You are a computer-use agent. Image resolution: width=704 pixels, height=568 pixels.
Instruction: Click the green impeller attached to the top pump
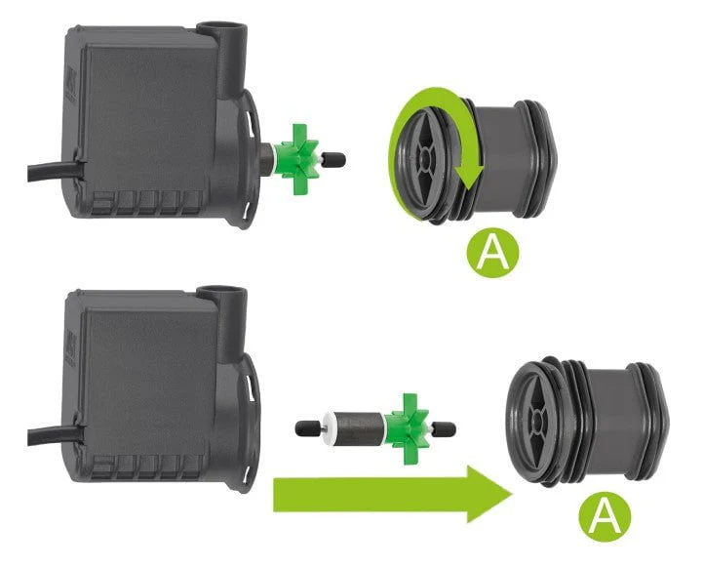pyautogui.click(x=296, y=160)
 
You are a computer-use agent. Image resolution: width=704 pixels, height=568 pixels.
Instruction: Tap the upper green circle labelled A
pyautogui.click(x=492, y=253)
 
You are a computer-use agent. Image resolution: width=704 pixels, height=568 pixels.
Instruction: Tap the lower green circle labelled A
pyautogui.click(x=605, y=517)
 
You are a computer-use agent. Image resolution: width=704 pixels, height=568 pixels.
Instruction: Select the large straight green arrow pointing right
pyautogui.click(x=393, y=494)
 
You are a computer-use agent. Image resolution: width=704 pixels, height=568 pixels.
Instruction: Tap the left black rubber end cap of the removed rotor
pyautogui.click(x=305, y=427)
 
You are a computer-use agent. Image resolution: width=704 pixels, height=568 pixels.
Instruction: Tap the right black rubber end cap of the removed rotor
pyautogui.click(x=446, y=429)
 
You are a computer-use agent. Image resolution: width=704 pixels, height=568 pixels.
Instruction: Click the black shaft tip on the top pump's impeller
pyautogui.click(x=335, y=159)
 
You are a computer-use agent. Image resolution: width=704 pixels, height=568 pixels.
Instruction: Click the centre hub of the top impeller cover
pyautogui.click(x=423, y=157)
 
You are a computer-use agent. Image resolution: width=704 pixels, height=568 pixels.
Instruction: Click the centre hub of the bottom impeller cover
pyautogui.click(x=537, y=421)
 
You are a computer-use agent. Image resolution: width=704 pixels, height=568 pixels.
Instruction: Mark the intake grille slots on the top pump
pyautogui.click(x=147, y=203)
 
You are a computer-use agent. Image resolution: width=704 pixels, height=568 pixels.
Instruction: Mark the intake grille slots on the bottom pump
pyautogui.click(x=147, y=467)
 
